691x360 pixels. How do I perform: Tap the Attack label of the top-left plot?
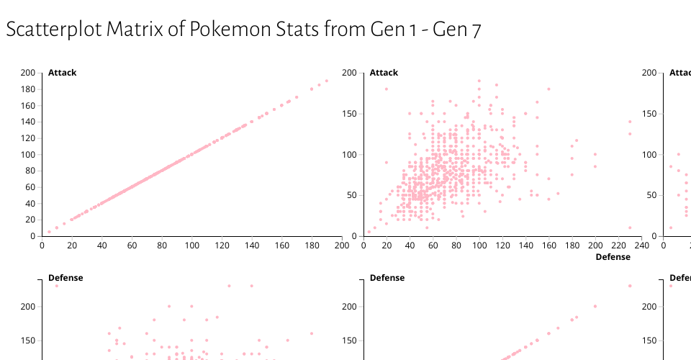tap(62, 73)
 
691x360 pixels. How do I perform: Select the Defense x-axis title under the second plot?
tap(613, 257)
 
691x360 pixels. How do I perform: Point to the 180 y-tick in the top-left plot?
tap(28, 89)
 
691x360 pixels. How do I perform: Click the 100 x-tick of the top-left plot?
tap(191, 246)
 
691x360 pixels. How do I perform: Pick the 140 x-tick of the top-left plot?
tap(251, 246)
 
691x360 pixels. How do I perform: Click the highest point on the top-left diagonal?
tap(326, 81)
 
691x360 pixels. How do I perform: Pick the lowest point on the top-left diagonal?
tap(49, 232)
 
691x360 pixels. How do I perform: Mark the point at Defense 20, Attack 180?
tap(387, 89)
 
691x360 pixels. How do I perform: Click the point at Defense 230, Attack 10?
tap(630, 228)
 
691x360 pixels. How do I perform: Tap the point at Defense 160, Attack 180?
tap(548, 89)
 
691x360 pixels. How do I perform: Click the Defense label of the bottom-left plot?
tap(65, 278)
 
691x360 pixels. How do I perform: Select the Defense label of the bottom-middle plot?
tap(387, 278)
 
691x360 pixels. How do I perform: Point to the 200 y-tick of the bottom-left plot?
tap(28, 307)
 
